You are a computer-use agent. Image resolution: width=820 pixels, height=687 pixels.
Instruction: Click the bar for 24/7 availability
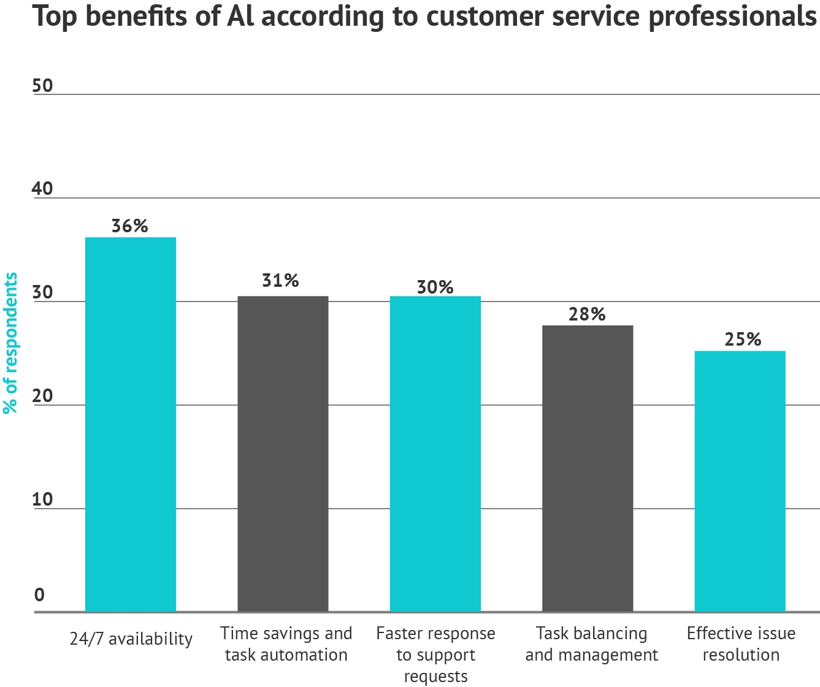pyautogui.click(x=130, y=424)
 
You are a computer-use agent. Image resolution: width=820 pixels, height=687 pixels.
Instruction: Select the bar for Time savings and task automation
pyautogui.click(x=283, y=454)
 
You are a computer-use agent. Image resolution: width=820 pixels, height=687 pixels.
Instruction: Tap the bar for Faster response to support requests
pyautogui.click(x=435, y=454)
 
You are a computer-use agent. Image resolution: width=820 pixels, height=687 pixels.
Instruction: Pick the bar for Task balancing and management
pyautogui.click(x=588, y=468)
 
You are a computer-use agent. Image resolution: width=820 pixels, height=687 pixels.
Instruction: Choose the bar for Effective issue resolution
pyautogui.click(x=740, y=481)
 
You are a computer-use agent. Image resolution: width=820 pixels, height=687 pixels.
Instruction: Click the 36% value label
pyautogui.click(x=130, y=226)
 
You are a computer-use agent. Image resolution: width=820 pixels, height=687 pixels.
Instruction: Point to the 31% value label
pyautogui.click(x=280, y=281)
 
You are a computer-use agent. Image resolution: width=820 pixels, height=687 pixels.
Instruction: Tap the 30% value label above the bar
pyautogui.click(x=435, y=287)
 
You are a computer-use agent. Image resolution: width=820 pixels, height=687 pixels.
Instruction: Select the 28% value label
pyautogui.click(x=587, y=314)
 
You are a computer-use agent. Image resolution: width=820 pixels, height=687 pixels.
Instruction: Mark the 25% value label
pyautogui.click(x=743, y=340)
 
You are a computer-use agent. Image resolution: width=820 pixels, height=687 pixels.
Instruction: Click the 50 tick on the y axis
pyautogui.click(x=43, y=86)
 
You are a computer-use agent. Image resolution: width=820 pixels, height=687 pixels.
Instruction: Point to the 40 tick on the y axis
pyautogui.click(x=43, y=189)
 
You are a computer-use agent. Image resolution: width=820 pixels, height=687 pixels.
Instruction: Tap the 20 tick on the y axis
pyautogui.click(x=43, y=397)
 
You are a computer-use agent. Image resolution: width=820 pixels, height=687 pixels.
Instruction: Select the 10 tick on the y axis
pyautogui.click(x=43, y=500)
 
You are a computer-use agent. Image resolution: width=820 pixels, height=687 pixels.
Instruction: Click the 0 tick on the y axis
pyautogui.click(x=40, y=595)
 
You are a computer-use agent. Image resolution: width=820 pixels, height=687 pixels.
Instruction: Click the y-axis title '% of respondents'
pyautogui.click(x=11, y=343)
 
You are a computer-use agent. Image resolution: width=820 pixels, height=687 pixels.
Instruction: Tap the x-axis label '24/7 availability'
pyautogui.click(x=131, y=639)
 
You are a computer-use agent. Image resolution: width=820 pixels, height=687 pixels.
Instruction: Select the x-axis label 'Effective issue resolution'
pyautogui.click(x=741, y=643)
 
